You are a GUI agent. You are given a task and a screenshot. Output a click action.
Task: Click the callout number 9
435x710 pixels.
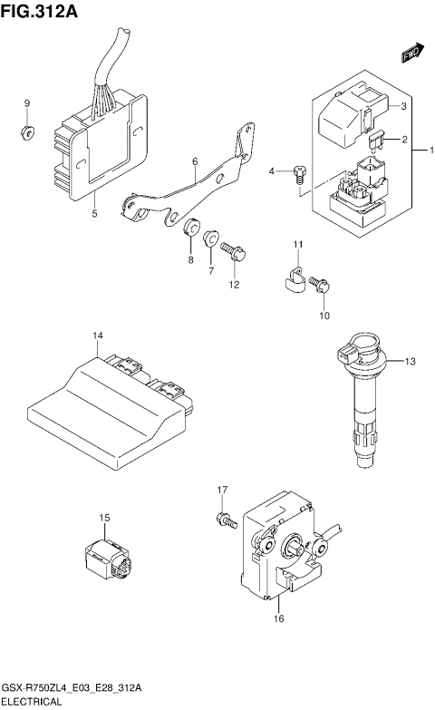26,103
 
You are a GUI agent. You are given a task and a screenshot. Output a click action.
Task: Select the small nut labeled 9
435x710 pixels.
26,134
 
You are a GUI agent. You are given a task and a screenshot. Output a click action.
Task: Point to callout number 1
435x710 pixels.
431,150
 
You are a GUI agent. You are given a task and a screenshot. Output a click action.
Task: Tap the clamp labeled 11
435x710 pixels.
291,277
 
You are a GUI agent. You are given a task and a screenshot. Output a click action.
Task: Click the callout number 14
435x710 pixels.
97,336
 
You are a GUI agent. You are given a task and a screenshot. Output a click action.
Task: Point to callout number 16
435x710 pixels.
278,618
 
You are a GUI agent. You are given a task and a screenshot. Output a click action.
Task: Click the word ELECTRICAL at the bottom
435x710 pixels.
32,702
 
